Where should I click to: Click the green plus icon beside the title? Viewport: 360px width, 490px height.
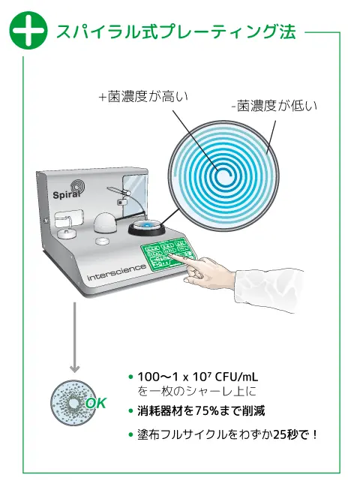[x=28, y=30]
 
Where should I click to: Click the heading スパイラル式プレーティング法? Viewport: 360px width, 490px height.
[x=175, y=32]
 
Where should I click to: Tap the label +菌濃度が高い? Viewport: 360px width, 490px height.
[x=144, y=97]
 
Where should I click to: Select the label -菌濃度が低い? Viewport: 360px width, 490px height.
[x=274, y=106]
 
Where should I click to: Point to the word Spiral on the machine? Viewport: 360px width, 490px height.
[x=66, y=194]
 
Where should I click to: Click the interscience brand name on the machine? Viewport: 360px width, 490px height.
[x=117, y=272]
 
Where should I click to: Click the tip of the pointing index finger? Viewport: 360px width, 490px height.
[x=171, y=254]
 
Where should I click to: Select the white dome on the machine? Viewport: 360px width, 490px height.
[x=104, y=223]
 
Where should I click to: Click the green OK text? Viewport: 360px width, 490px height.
[x=96, y=404]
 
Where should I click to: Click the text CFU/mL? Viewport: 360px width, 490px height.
[x=237, y=377]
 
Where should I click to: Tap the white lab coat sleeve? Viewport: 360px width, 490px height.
[x=269, y=289]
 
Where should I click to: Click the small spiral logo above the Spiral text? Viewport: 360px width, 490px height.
[x=76, y=185]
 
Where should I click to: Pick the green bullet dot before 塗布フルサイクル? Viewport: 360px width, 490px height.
[x=130, y=434]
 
